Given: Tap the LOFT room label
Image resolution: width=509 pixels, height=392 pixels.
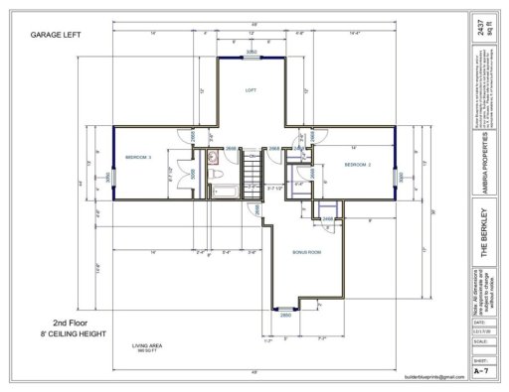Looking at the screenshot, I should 251,89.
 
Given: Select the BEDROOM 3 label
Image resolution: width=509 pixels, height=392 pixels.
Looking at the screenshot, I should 137,158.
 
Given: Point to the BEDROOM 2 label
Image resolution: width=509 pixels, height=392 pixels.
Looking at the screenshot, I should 358,164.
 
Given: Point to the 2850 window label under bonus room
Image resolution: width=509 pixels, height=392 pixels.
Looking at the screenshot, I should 284,315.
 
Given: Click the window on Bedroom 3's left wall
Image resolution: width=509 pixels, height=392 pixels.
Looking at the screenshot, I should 113,177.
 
